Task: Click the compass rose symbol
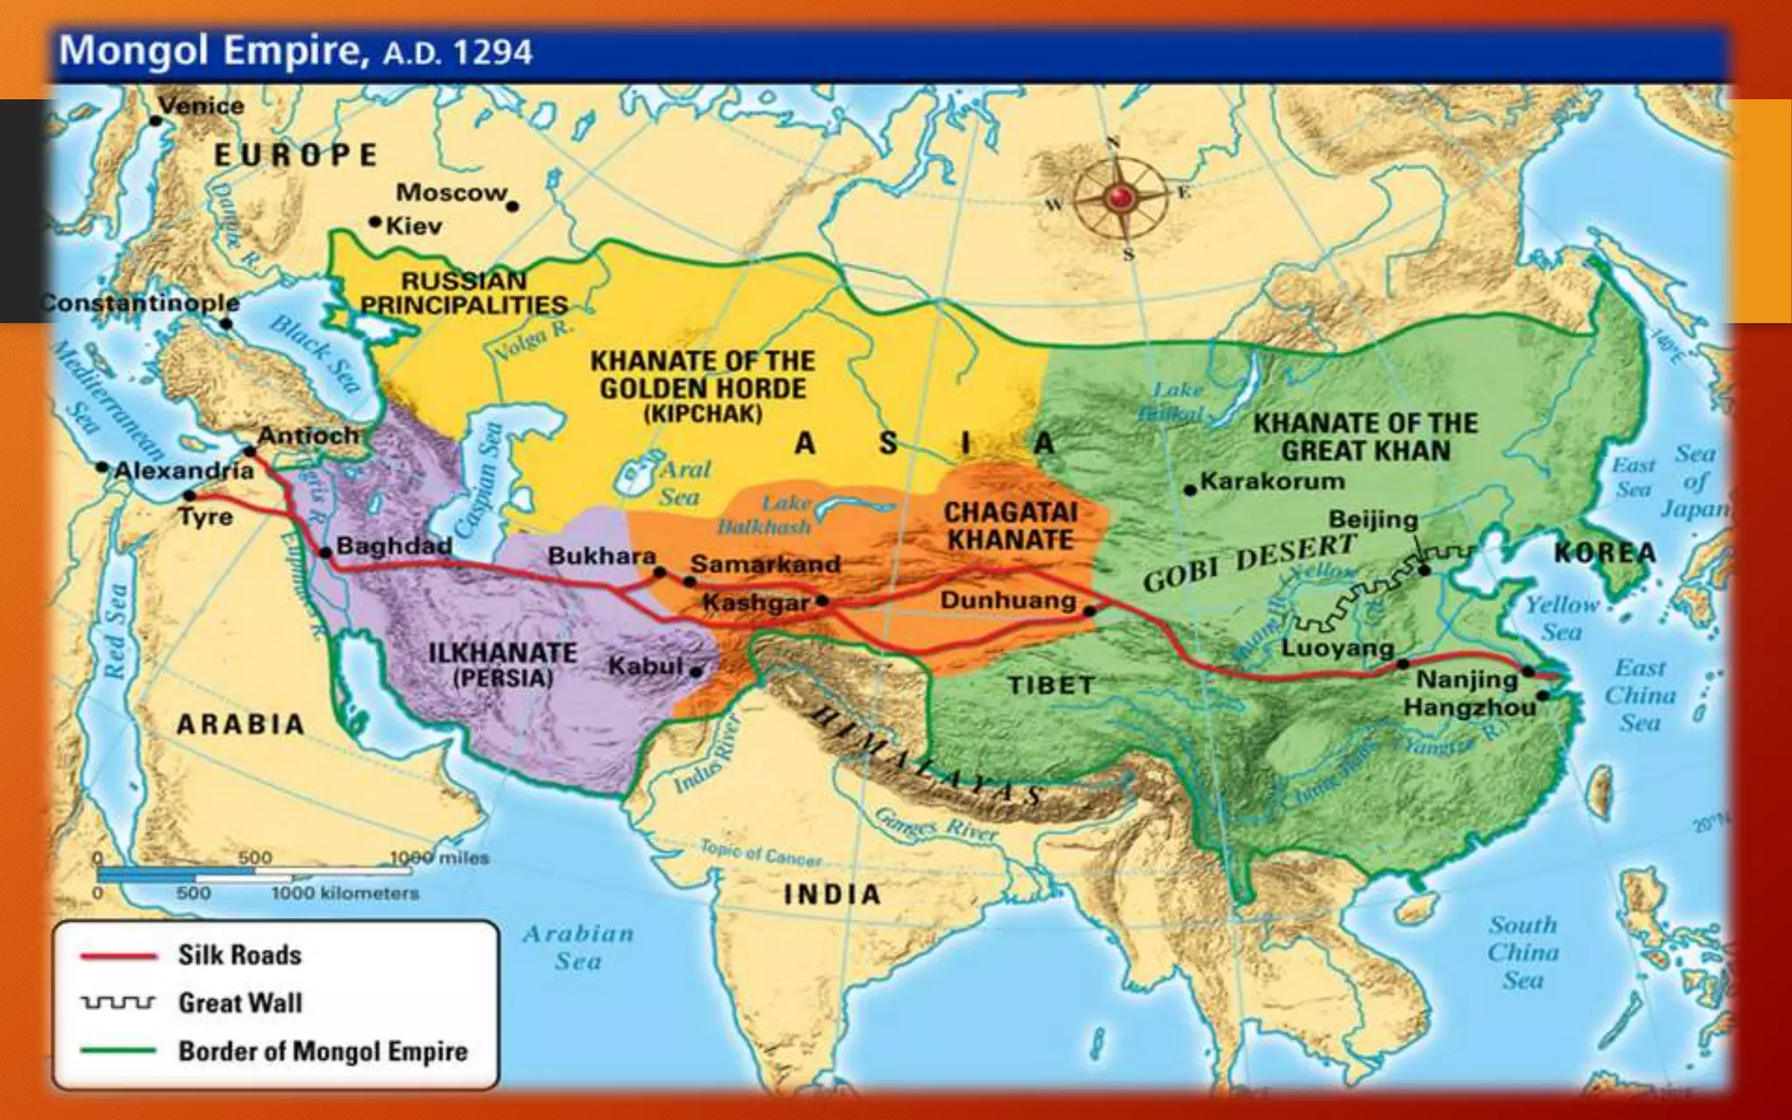coord(1120,199)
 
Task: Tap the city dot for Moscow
coord(513,206)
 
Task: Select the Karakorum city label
coord(1272,480)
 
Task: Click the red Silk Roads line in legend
coord(118,955)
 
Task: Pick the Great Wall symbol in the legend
coord(118,1003)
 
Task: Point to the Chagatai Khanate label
coord(1011,526)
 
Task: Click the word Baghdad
coord(394,545)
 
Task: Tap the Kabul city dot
coord(696,672)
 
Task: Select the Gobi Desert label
coord(1249,563)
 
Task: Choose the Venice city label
coord(201,106)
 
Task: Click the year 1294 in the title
coord(493,52)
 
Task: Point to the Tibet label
coord(1051,685)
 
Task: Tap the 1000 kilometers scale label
coord(345,893)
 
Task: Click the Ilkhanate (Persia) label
coord(502,665)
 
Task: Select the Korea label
coord(1605,553)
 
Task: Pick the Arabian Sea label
coord(578,947)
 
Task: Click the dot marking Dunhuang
coord(1089,611)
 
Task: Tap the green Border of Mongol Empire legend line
coord(118,1051)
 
